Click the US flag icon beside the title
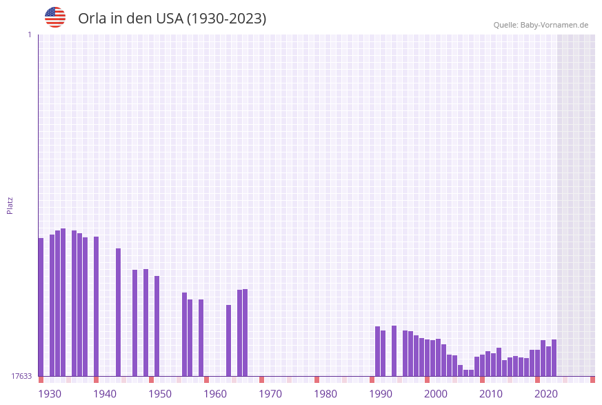click(x=55, y=17)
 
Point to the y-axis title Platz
click(x=10, y=205)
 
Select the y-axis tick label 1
click(x=29, y=34)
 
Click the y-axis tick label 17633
click(x=21, y=376)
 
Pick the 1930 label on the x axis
click(x=50, y=394)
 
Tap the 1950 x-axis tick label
click(x=160, y=394)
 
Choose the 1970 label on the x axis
click(x=270, y=394)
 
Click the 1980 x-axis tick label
click(x=325, y=394)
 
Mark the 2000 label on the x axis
click(x=436, y=394)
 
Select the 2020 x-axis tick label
click(x=546, y=394)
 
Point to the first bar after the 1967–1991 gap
click(x=377, y=351)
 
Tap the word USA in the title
click(x=170, y=19)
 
